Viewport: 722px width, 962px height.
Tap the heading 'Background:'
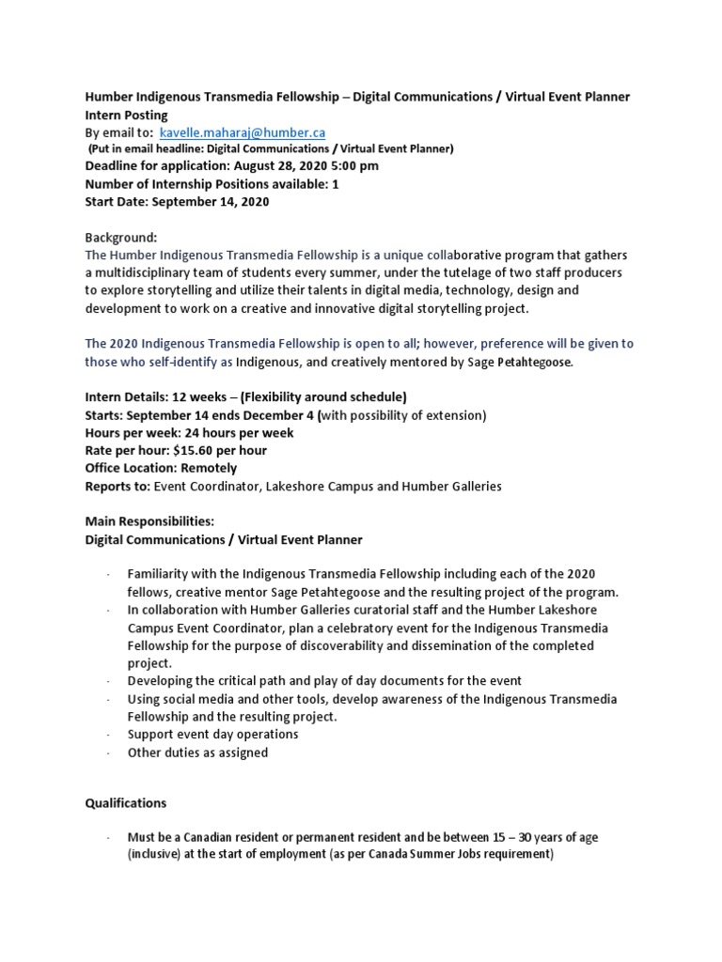[121, 239]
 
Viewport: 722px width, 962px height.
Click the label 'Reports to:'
[117, 486]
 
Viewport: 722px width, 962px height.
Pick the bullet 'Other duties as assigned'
[197, 753]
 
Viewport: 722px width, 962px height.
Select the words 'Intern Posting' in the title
[127, 115]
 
